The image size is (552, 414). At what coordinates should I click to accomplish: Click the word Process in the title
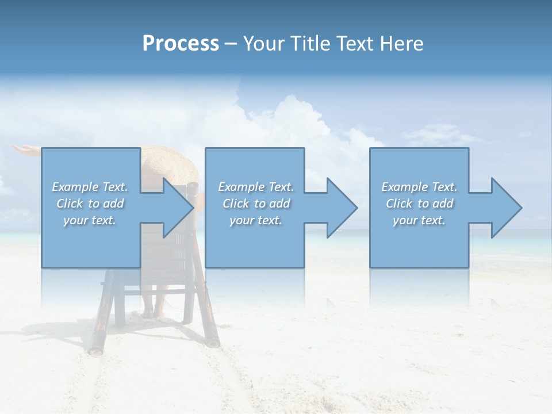pos(181,44)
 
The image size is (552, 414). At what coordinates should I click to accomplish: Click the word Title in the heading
pos(310,44)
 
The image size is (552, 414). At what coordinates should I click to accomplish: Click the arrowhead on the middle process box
pos(341,208)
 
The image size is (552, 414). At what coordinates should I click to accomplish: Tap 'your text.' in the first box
pos(90,220)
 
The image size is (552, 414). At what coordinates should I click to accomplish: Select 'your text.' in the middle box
pos(255,220)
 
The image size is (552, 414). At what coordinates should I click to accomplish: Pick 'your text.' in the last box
pos(419,220)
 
